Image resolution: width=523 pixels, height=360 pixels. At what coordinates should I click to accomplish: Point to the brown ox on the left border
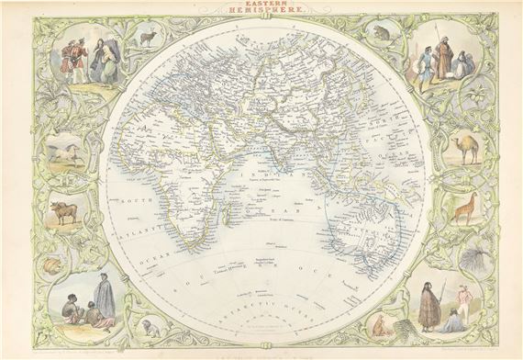[64, 212]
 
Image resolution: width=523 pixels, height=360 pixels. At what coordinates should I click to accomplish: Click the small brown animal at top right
[381, 34]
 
